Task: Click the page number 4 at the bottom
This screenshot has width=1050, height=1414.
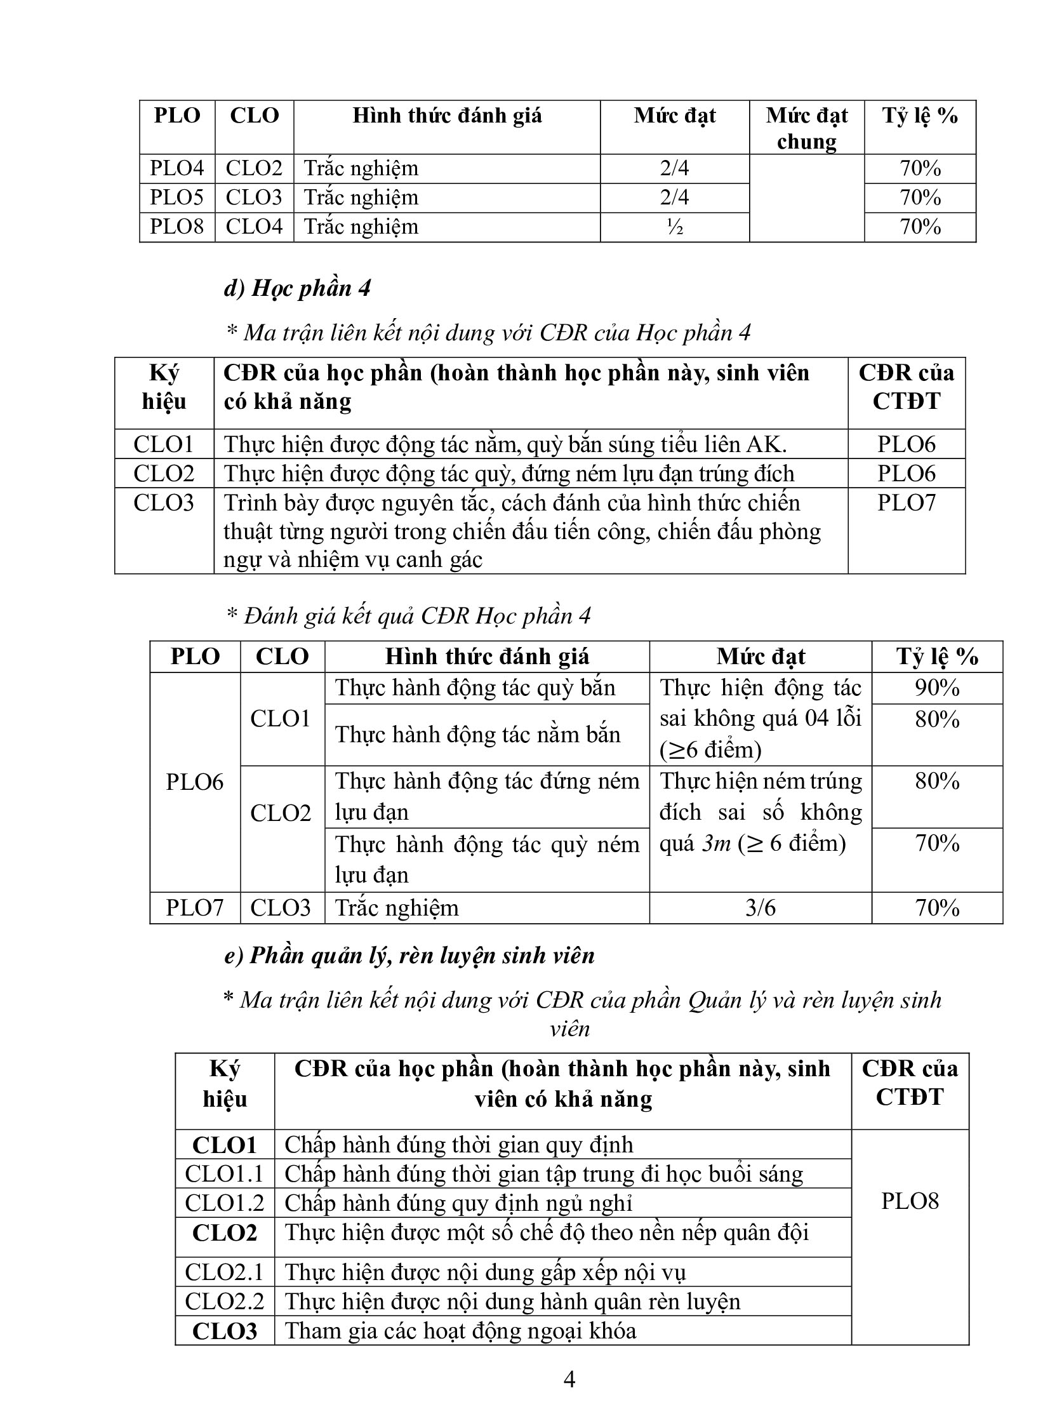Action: [x=569, y=1379]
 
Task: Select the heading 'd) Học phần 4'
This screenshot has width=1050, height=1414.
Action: [x=297, y=288]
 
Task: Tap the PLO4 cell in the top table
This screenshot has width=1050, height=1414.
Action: [x=176, y=168]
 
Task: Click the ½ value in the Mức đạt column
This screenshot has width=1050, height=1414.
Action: [x=674, y=227]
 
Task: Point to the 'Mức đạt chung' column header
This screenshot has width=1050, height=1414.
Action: [x=806, y=128]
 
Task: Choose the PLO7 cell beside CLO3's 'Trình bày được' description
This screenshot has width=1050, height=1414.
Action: [x=907, y=503]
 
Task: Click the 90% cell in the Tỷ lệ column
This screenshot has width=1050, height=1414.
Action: [x=937, y=688]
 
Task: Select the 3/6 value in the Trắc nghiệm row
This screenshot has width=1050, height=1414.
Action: [x=760, y=907]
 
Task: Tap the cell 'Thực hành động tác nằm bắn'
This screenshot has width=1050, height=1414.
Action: [x=477, y=735]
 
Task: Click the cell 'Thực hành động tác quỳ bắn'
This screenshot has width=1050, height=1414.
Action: [x=475, y=688]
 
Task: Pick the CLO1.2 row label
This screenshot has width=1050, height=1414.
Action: [x=224, y=1203]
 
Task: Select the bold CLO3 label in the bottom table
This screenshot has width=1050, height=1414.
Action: [x=224, y=1331]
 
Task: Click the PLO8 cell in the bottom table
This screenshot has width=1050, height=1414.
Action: [x=910, y=1201]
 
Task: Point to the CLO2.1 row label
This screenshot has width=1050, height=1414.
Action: [x=224, y=1272]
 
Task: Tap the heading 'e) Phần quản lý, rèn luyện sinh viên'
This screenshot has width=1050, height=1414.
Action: [x=409, y=956]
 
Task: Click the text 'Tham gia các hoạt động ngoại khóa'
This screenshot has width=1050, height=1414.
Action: [x=460, y=1331]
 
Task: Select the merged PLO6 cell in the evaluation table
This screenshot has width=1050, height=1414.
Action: [x=194, y=782]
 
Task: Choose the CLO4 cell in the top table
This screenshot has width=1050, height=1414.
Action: [x=254, y=227]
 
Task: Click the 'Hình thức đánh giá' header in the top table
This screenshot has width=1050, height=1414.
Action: [x=447, y=116]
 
